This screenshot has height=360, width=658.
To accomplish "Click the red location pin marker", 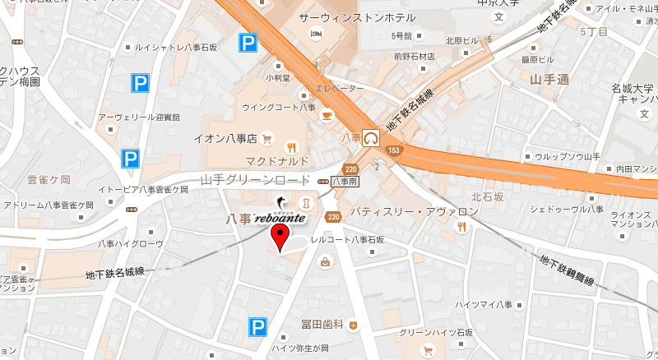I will [280, 240].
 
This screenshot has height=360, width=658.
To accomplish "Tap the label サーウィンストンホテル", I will [344, 17].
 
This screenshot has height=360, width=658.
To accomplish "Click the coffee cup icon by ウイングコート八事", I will [327, 114].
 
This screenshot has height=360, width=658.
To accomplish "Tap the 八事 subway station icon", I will [373, 137].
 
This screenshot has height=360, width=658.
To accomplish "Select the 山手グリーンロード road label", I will [254, 179].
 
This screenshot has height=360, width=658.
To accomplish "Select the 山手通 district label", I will [550, 80].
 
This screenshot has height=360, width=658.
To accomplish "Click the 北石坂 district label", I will [488, 197].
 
